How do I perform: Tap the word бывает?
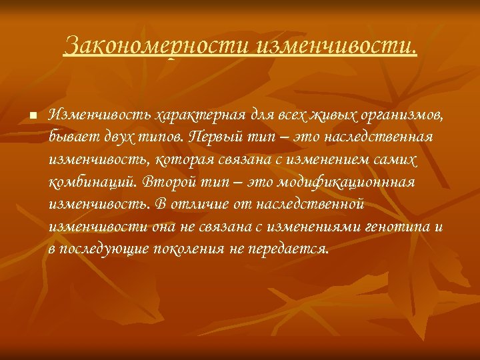click(72, 137)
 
